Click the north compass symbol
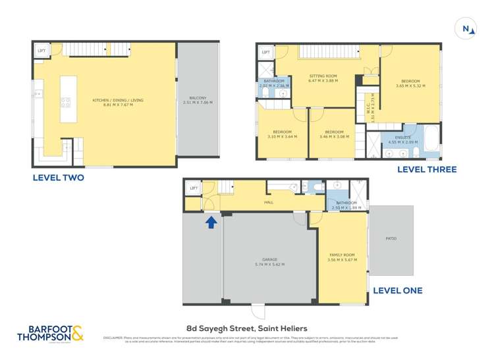click(466, 28)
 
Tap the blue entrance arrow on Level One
click(211, 222)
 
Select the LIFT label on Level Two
click(41, 50)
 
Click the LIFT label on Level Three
click(266, 52)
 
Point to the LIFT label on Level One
click(194, 189)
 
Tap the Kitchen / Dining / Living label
click(119, 100)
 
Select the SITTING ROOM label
click(323, 78)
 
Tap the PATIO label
click(391, 238)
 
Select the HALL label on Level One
click(269, 202)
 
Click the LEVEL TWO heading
click(59, 178)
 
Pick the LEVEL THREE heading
click(426, 170)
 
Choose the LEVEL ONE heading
click(397, 290)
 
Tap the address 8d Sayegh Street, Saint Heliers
click(246, 327)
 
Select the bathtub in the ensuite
click(431, 141)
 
